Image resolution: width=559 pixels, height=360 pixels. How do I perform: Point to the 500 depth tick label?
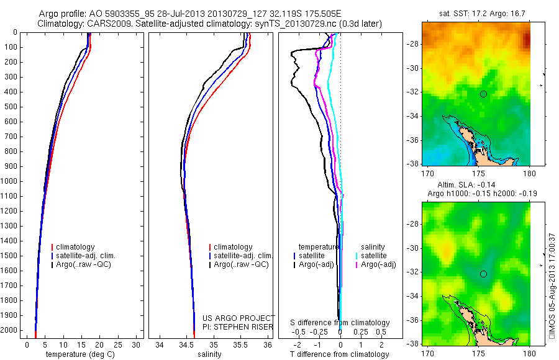pos(11,107)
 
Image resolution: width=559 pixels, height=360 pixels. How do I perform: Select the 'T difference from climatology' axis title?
pos(339,354)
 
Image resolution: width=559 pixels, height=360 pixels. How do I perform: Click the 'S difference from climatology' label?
pos(340,323)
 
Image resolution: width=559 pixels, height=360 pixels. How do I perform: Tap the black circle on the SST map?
pos(484,94)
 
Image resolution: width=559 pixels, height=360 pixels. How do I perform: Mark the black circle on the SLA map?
pos(484,274)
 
